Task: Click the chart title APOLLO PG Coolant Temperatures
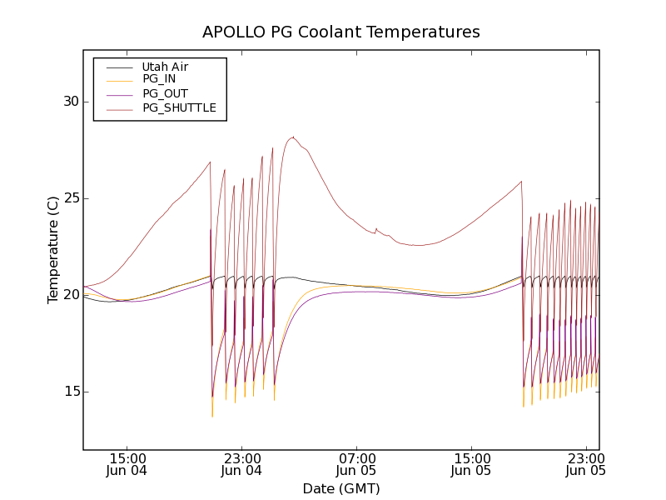341,32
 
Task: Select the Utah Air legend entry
165,67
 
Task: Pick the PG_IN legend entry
159,79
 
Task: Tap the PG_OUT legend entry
165,93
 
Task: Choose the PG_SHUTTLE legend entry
179,107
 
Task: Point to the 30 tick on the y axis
71,102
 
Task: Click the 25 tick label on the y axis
71,198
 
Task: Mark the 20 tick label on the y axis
71,295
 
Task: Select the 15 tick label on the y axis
71,392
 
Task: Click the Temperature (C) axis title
53,250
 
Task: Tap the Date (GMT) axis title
341,488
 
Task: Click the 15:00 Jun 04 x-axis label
127,464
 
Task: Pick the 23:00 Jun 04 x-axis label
242,464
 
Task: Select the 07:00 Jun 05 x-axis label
357,464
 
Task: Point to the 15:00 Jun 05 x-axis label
472,464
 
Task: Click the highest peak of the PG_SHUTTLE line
293,137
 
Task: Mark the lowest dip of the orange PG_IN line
212,416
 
